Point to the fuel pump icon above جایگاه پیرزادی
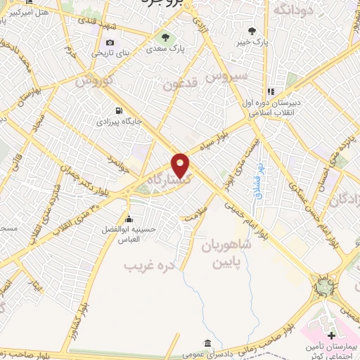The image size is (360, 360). coord(119,110)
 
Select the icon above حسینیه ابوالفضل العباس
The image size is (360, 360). coord(128,217)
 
